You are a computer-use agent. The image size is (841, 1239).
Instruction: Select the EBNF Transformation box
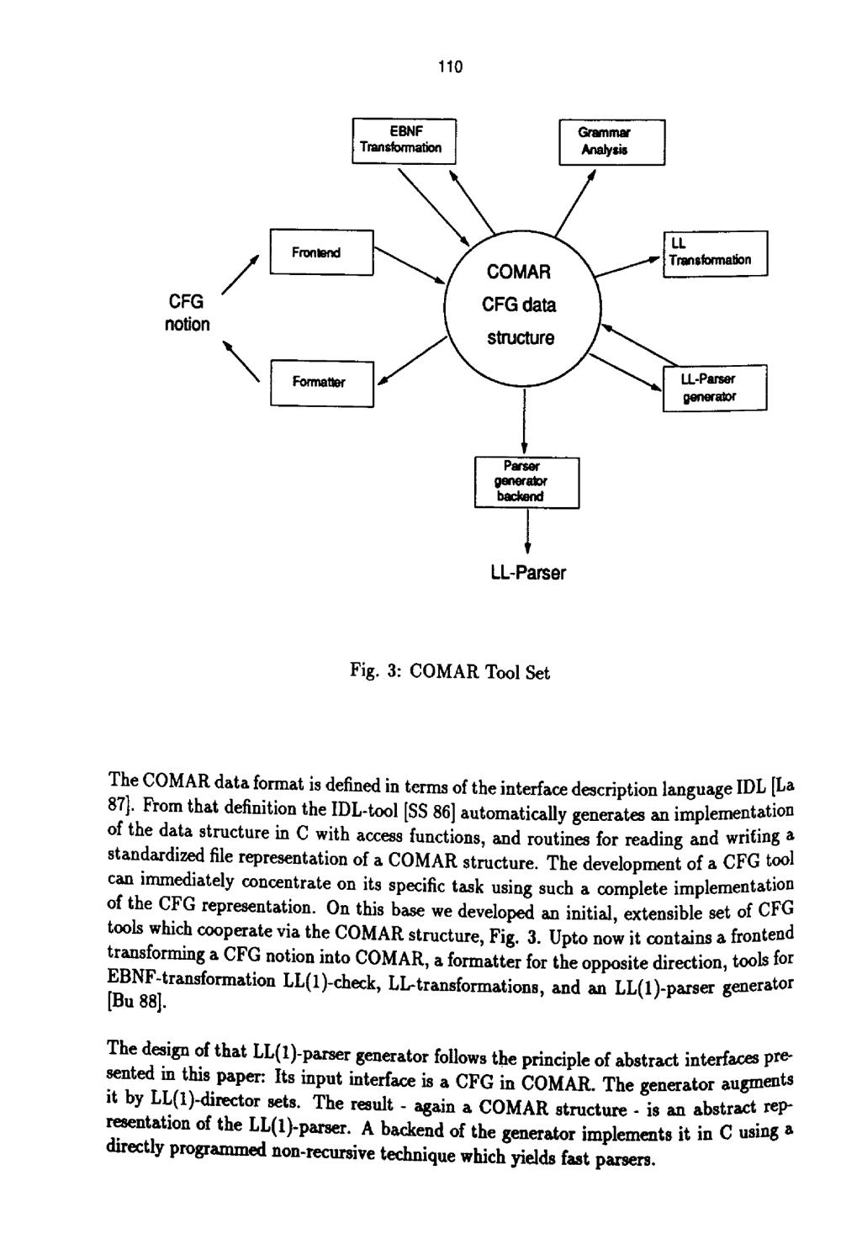pyautogui.click(x=403, y=140)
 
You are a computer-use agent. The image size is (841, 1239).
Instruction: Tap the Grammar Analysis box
pyautogui.click(x=611, y=142)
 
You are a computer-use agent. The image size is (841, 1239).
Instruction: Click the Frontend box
pyautogui.click(x=320, y=252)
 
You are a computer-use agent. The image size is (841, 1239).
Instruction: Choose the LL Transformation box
pyautogui.click(x=715, y=253)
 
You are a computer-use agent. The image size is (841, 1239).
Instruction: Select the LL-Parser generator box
pyautogui.click(x=715, y=388)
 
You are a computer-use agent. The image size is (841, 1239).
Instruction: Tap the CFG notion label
pyautogui.click(x=187, y=313)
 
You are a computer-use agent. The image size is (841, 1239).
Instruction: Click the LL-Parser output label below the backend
pyautogui.click(x=527, y=574)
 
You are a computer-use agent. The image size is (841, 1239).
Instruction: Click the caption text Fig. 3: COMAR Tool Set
pyautogui.click(x=450, y=673)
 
